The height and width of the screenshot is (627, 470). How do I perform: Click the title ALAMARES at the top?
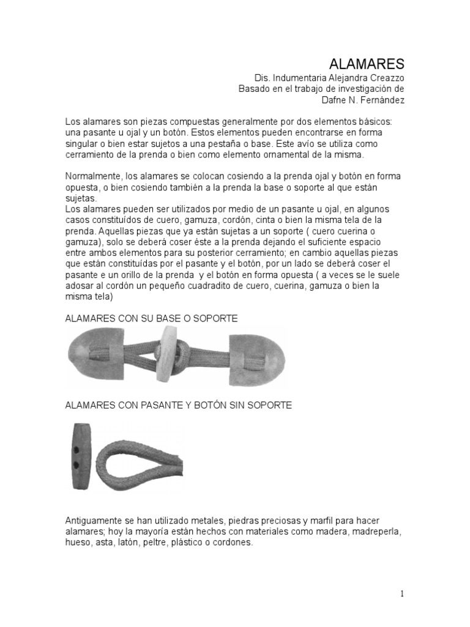[367, 64]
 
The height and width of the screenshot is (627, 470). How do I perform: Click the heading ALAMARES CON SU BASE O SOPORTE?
[151, 319]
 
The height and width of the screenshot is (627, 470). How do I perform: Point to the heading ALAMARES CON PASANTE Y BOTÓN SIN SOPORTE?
[179, 405]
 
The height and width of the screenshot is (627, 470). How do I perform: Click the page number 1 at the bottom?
[402, 593]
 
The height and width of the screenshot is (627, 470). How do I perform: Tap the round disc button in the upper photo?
[164, 353]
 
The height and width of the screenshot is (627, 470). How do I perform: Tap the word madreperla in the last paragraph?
[378, 531]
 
